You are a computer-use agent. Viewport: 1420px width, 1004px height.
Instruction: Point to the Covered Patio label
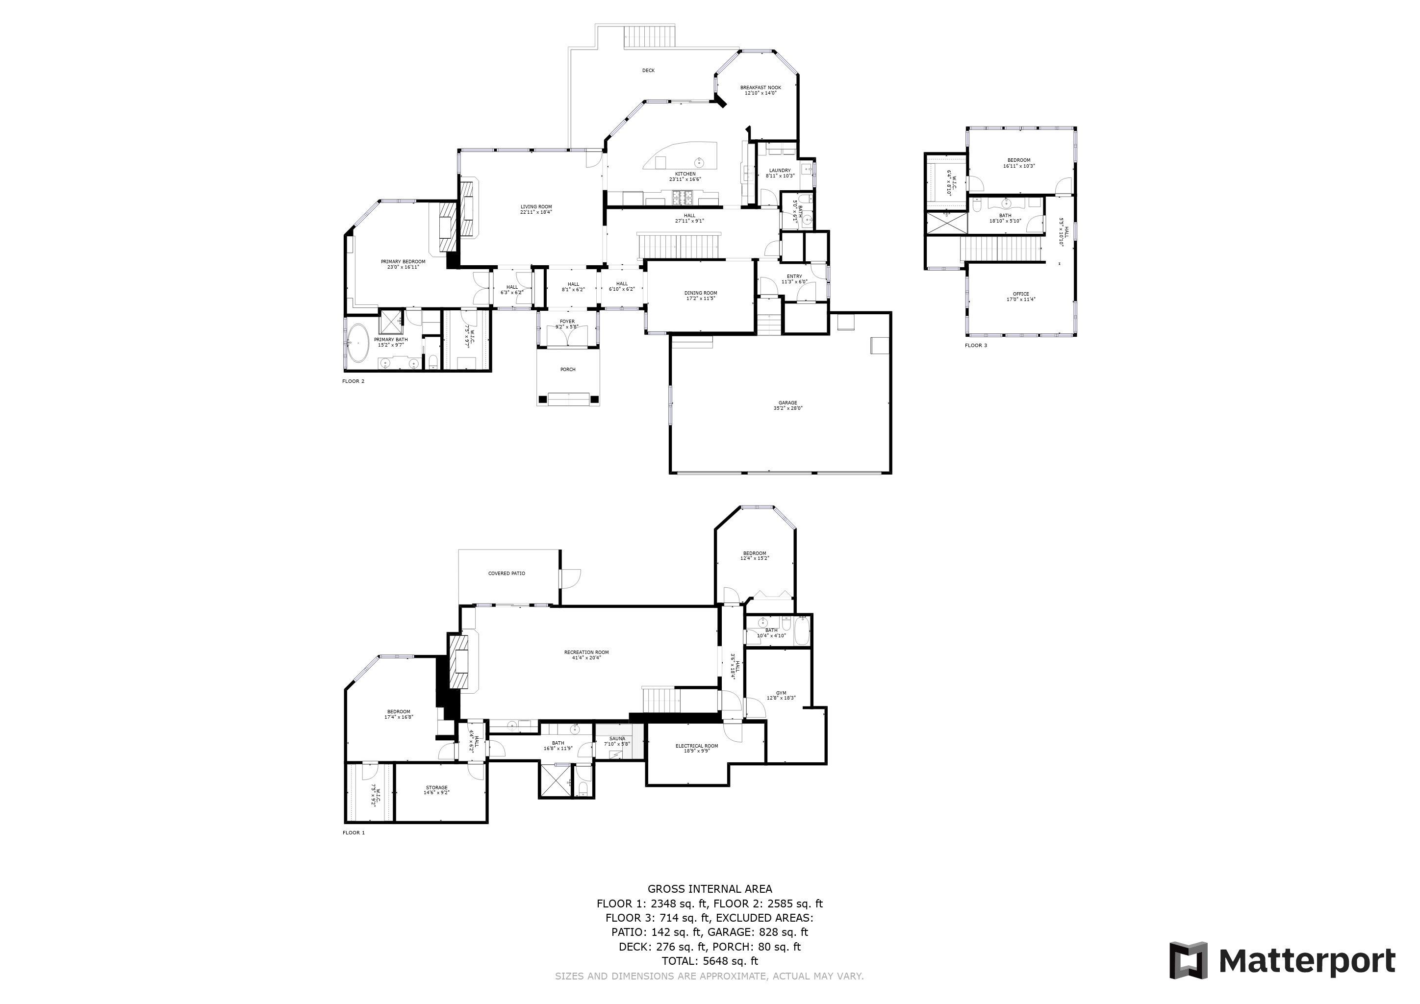pyautogui.click(x=507, y=574)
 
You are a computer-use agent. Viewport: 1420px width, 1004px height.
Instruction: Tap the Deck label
pyautogui.click(x=648, y=71)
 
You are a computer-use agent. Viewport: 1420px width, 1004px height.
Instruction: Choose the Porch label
pyautogui.click(x=567, y=370)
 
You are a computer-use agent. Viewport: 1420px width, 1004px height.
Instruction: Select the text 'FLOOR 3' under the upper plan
pyautogui.click(x=975, y=346)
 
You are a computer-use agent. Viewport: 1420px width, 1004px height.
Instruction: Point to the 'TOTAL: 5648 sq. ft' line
pyautogui.click(x=710, y=961)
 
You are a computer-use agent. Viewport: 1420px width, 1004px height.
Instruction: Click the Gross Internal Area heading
pyautogui.click(x=710, y=889)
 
